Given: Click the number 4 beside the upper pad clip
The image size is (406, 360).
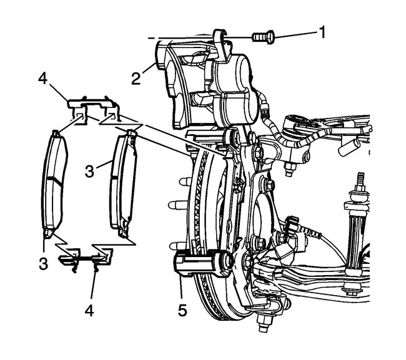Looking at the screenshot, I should click(x=43, y=80).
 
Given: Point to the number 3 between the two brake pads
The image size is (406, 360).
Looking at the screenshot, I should click(x=90, y=170).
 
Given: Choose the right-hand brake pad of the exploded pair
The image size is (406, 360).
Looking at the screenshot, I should click(x=122, y=187).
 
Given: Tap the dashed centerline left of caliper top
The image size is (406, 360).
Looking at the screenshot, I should click(x=152, y=38).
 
